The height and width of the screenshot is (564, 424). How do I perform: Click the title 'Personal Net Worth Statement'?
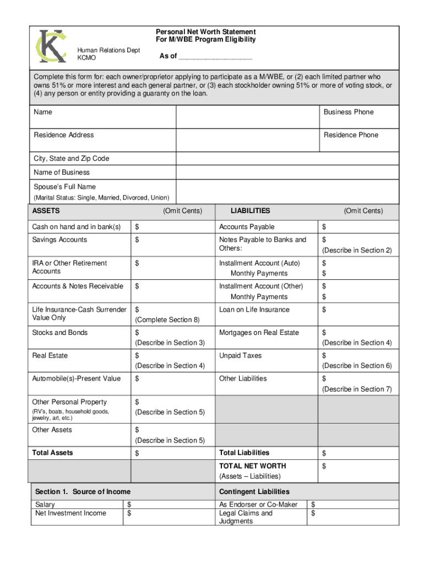point(205,32)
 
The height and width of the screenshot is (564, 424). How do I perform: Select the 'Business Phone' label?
point(348,112)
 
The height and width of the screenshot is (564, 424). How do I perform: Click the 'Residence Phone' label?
point(351,135)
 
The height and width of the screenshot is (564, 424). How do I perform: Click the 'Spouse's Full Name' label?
point(64,187)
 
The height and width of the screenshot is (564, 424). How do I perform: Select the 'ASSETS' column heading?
point(46,211)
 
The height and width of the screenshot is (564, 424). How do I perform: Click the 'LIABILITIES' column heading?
point(250,211)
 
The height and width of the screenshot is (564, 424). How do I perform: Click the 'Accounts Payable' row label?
point(247,227)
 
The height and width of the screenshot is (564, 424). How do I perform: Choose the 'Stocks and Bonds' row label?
point(59,333)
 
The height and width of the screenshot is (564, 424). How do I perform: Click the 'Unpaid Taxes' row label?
point(240,356)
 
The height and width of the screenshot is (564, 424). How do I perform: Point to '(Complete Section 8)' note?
point(167,320)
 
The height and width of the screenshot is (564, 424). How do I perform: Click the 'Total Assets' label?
point(52,453)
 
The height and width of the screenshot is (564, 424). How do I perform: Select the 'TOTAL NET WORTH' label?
point(252,466)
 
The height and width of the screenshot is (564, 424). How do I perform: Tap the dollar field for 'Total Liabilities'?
point(358,453)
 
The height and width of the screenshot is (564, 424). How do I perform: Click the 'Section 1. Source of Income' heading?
point(83,492)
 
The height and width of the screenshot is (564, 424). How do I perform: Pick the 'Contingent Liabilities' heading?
point(254,492)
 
